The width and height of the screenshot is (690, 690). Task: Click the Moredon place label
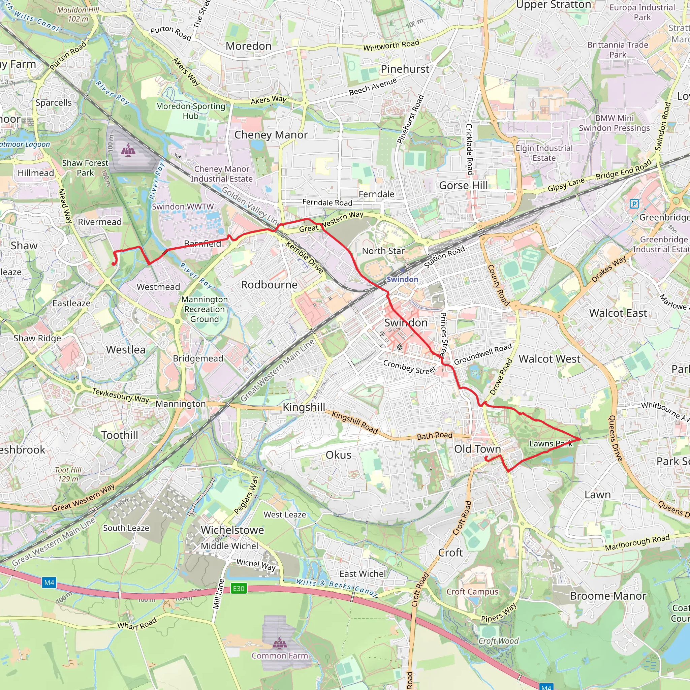coord(249,46)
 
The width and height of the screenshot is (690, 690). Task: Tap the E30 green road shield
coord(239,588)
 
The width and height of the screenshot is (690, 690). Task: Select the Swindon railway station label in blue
coord(402,279)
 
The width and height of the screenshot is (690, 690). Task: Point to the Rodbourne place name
coord(269,285)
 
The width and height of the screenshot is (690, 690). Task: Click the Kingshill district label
coord(304,407)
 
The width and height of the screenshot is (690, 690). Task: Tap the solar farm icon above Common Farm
coord(279,642)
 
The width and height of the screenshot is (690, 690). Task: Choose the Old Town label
coord(477,449)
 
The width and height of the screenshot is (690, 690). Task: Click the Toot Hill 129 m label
coord(68,474)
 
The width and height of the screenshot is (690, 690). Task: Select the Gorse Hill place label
coord(463,185)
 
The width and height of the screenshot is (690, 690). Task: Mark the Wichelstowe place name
coord(232,530)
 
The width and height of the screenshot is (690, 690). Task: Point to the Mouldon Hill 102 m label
coord(78,14)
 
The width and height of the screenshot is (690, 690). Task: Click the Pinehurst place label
coord(405,69)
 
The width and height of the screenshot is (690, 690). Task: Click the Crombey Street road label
coord(409,367)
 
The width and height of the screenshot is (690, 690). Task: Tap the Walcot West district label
coord(549,359)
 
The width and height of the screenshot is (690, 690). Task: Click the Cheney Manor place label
coord(271,135)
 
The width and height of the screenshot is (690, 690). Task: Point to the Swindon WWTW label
coord(183,207)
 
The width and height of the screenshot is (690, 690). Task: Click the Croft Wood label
coord(498,641)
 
